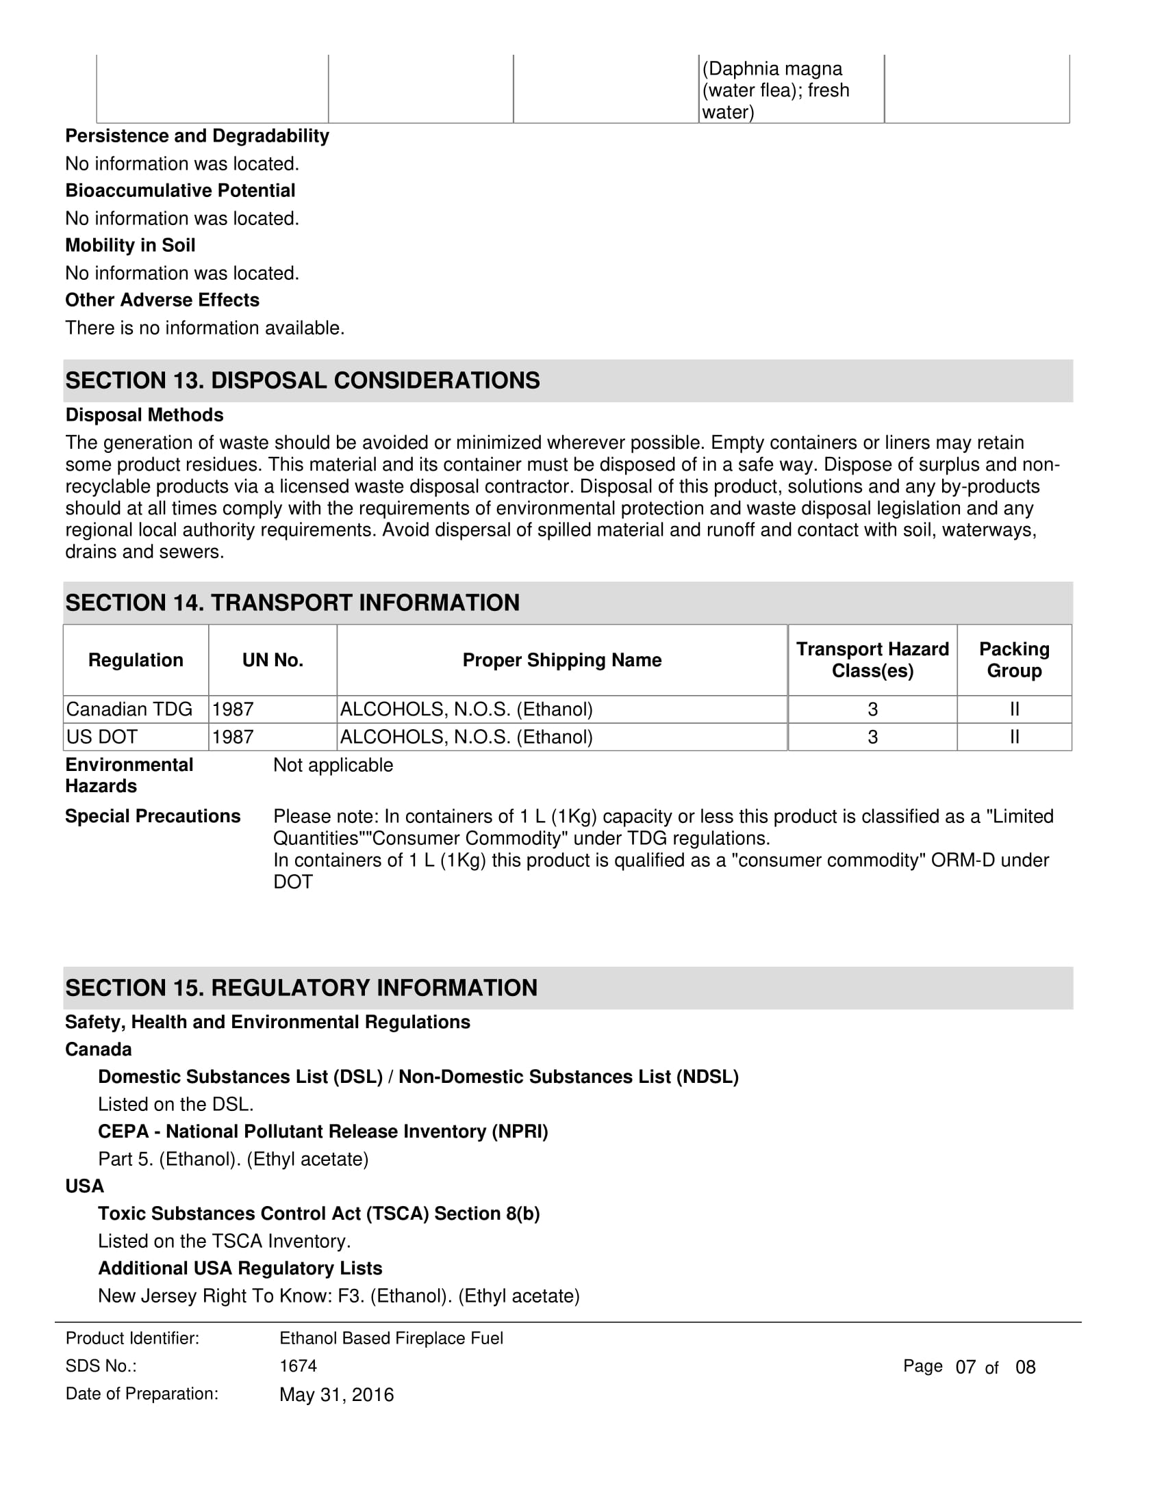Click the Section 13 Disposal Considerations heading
[x=302, y=380]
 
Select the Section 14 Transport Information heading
[x=292, y=602]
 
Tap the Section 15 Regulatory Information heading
[x=301, y=987]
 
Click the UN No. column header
[x=273, y=660]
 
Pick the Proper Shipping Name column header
[x=561, y=660]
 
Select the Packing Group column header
[x=1013, y=660]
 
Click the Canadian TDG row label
[x=129, y=709]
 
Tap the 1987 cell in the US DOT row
[x=232, y=737]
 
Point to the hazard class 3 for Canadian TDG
[x=872, y=709]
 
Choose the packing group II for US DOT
[x=1013, y=737]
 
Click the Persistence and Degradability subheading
[x=197, y=135]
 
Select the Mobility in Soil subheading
[x=130, y=246]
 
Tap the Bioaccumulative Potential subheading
[x=180, y=190]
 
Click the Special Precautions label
[x=153, y=816]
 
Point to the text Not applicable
[x=333, y=765]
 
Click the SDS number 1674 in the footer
[x=298, y=1366]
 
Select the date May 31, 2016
[x=336, y=1395]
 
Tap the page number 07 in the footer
[x=965, y=1367]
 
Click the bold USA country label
[x=84, y=1186]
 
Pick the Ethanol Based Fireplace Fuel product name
[x=391, y=1338]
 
